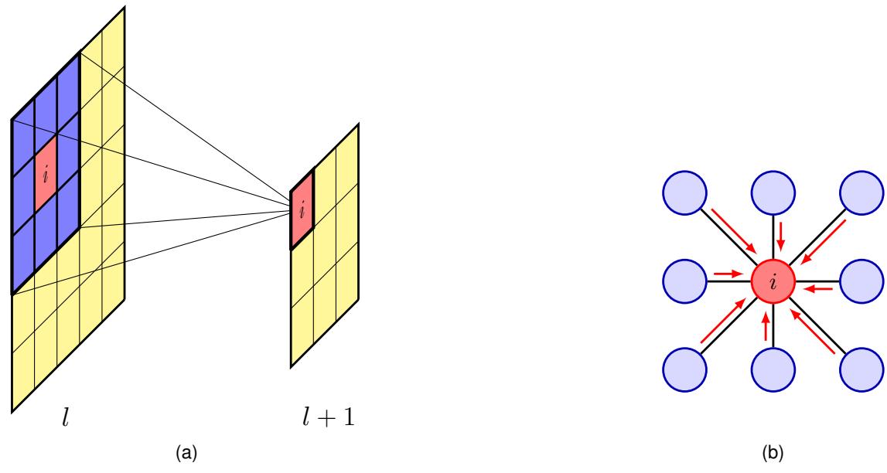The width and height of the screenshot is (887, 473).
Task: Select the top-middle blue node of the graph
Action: pyautogui.click(x=774, y=189)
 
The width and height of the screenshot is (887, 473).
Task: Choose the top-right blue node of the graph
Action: pyautogui.click(x=863, y=189)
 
